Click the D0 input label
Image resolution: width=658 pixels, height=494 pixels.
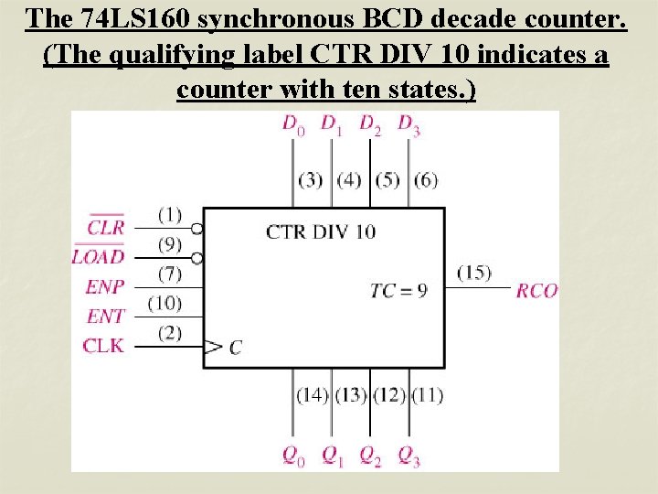(x=292, y=125)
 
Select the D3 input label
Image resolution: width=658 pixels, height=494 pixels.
(x=409, y=125)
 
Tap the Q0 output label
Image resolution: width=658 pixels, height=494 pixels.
(x=292, y=455)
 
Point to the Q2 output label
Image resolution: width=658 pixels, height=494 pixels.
(x=370, y=455)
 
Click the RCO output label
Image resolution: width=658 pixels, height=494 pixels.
(x=536, y=291)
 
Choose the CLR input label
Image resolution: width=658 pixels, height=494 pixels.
(x=106, y=227)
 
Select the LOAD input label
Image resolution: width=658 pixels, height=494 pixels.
(x=98, y=256)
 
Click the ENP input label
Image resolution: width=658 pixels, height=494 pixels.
(x=104, y=286)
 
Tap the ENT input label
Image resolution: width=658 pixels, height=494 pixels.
(x=104, y=317)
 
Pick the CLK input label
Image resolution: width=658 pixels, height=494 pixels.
(x=102, y=346)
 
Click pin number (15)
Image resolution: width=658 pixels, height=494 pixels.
(x=473, y=273)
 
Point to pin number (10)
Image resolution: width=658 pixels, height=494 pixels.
(x=164, y=303)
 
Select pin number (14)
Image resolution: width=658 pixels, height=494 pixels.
(x=312, y=395)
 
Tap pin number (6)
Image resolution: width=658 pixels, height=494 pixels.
(x=425, y=179)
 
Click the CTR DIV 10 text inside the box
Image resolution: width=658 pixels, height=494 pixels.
(x=320, y=231)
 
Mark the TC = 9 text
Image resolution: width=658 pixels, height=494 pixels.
(x=398, y=291)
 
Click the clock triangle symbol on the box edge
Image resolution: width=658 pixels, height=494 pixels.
(x=213, y=347)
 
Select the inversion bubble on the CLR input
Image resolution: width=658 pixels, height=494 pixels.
(x=196, y=228)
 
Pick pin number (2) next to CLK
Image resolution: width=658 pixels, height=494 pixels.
(x=169, y=332)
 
